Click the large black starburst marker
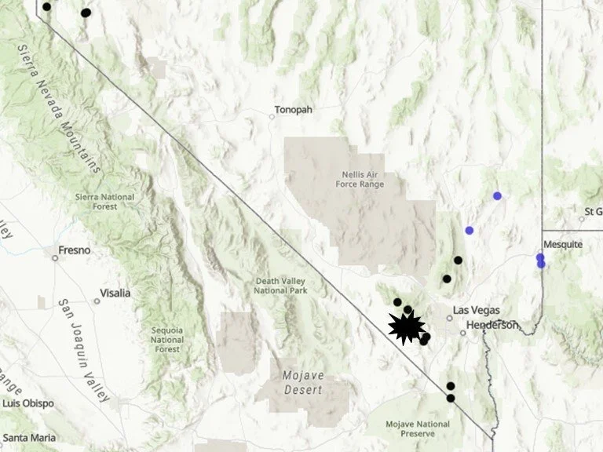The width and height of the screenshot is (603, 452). pos(407,326)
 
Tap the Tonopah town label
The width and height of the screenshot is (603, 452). pos(293,110)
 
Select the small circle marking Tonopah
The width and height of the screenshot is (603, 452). pos(272,117)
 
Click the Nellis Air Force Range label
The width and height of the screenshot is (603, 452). pos(363,179)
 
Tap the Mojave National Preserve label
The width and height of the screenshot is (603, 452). pos(418,429)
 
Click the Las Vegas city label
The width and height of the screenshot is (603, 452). pos(477,310)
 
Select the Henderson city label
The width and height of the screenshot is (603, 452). pos(492,325)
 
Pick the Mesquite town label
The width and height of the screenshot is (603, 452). pos(563,244)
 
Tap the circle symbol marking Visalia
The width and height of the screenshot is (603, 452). pos(97,301)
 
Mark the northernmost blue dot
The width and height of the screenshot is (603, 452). pos(497,195)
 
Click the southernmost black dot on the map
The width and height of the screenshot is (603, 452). pos(451,398)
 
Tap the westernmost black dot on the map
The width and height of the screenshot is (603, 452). pos(46,6)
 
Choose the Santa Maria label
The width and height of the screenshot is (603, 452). pos(25,436)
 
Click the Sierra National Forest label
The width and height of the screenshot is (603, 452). pos(104,202)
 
